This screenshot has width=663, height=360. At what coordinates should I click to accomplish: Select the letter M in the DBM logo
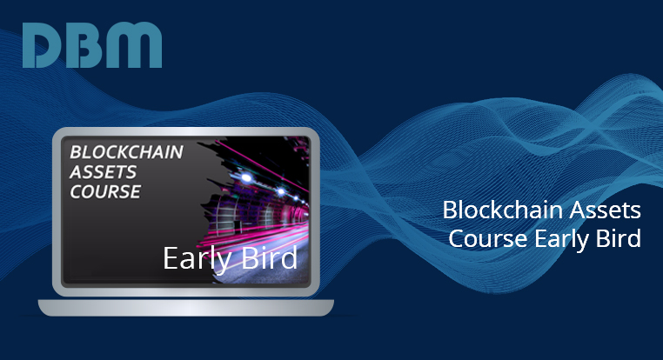(x=136, y=45)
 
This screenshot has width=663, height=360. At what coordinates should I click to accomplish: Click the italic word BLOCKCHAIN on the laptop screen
(x=126, y=152)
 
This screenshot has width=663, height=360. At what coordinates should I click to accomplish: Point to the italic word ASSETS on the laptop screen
(x=104, y=172)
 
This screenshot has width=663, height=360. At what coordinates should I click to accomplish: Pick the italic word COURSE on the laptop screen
(x=105, y=192)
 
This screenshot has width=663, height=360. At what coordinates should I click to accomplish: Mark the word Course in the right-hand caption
(x=488, y=239)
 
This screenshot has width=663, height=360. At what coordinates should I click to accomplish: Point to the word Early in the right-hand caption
(x=561, y=240)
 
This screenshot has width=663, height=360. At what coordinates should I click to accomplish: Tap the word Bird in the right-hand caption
(x=618, y=238)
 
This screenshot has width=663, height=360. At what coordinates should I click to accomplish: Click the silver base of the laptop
(x=186, y=308)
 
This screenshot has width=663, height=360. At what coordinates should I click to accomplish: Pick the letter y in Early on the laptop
(x=223, y=263)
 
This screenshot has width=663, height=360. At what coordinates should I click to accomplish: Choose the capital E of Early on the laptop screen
(x=170, y=258)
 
